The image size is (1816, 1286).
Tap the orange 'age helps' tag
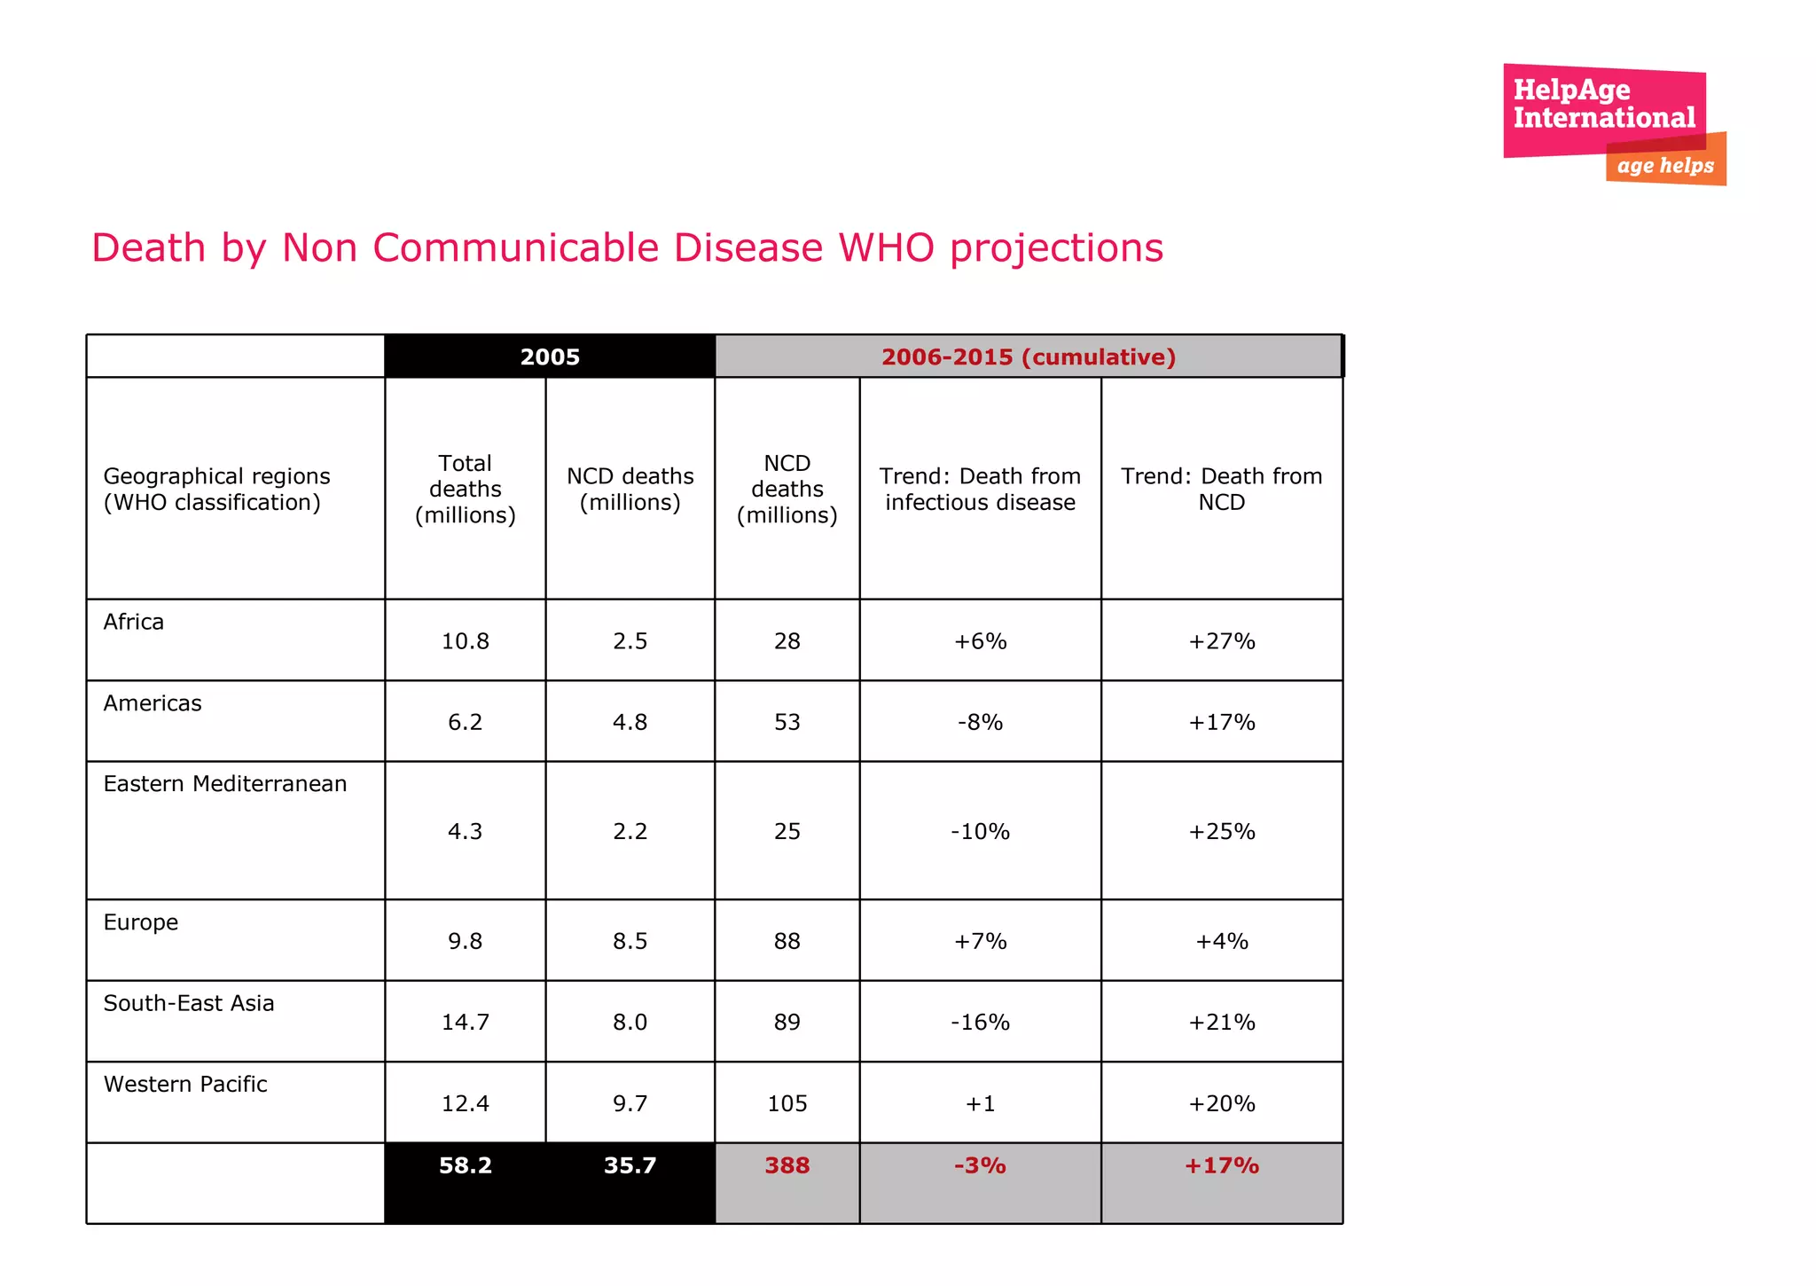point(1665,166)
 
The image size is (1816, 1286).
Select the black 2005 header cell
point(550,357)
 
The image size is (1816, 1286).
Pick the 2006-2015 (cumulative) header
point(1029,357)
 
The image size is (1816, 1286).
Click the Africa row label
point(134,622)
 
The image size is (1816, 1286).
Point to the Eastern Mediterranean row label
point(225,784)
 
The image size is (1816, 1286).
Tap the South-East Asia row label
point(189,1003)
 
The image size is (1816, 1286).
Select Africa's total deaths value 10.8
point(466,641)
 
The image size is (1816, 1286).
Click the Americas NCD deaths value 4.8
point(630,722)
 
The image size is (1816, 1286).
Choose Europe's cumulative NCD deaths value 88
point(787,941)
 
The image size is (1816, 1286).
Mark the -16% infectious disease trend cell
point(980,1023)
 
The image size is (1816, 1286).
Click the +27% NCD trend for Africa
point(1222,641)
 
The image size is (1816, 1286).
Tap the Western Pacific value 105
point(787,1103)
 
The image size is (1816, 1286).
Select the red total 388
point(787,1165)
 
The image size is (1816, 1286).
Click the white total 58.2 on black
point(466,1165)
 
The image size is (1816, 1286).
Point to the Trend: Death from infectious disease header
point(980,490)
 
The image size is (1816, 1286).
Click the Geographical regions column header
point(217,490)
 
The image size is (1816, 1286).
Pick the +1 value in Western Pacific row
point(980,1103)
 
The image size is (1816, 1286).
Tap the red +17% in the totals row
point(1222,1165)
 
